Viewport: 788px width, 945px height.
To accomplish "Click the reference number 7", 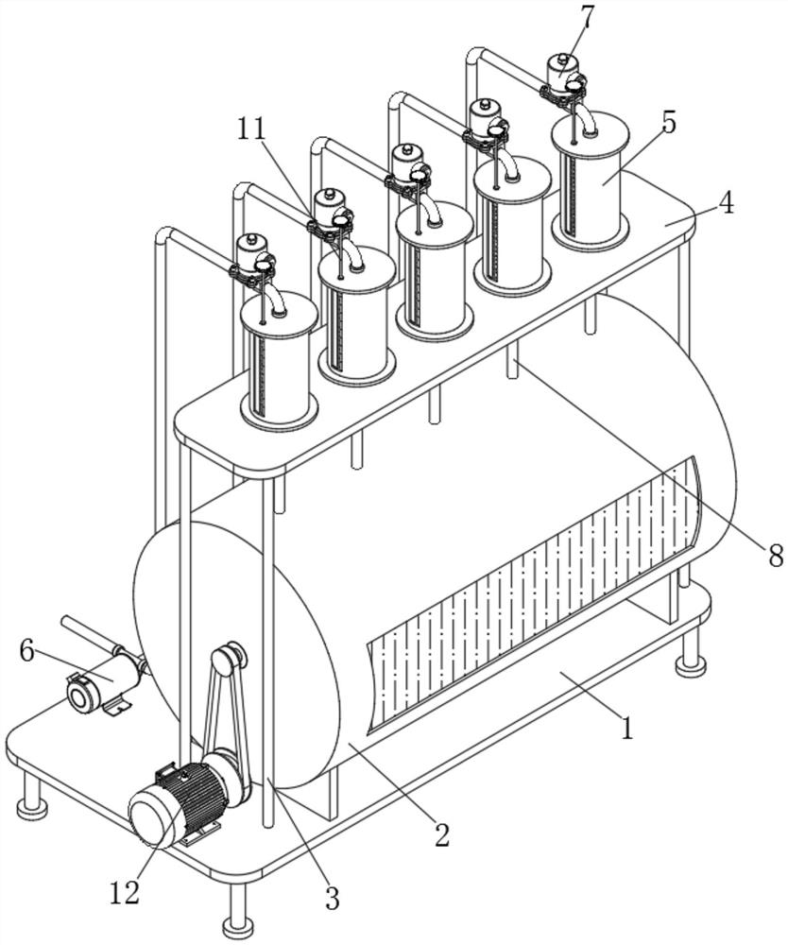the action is coord(587,19).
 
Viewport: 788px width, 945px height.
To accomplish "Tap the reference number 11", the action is coord(251,129).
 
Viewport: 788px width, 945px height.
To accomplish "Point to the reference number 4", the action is coord(727,203).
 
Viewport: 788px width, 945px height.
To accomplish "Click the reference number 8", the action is coord(776,555).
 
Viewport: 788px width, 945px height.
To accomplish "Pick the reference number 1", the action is coord(627,728).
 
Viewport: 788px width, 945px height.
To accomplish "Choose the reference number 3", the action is coord(332,898).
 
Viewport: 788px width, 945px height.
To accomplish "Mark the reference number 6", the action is coord(27,651).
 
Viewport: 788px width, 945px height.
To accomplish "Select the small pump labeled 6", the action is coord(102,684).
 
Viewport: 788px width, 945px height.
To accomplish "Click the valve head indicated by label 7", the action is coord(564,74).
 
